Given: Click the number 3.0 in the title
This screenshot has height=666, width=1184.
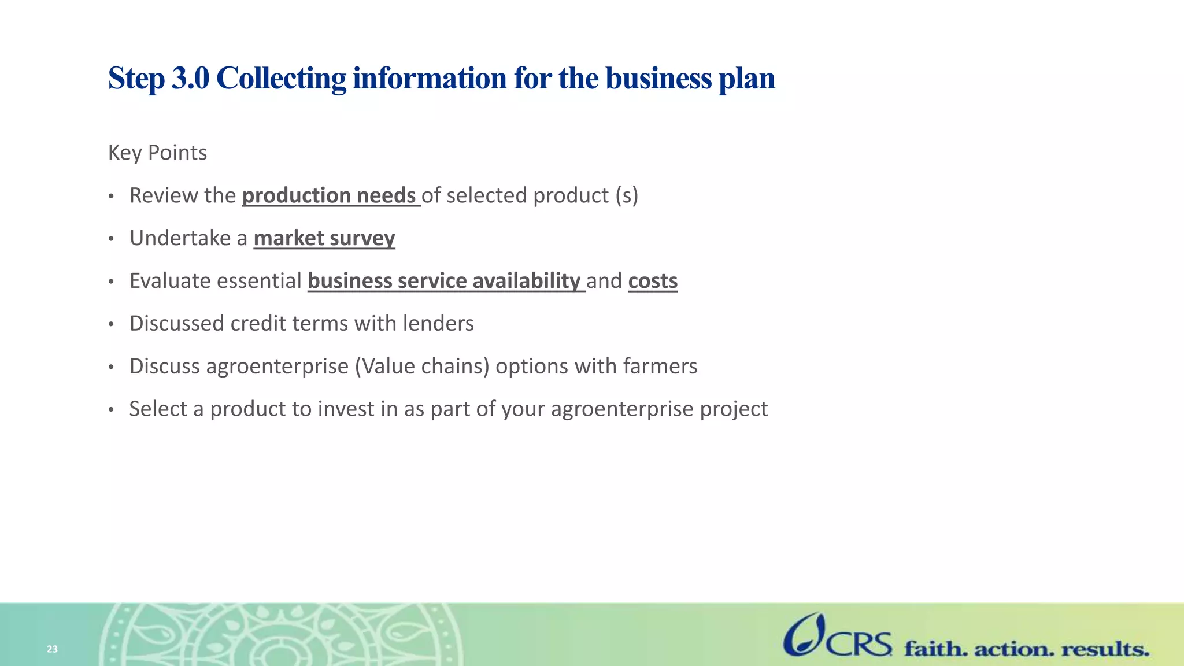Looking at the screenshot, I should pos(190,78).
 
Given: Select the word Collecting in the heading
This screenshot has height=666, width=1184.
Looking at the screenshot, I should pos(281,78).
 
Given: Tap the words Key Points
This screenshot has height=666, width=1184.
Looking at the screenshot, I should pos(157,153).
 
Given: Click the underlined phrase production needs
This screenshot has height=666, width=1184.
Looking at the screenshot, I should pos(330,195).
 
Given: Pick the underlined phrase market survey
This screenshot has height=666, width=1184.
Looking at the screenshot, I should pos(324,238).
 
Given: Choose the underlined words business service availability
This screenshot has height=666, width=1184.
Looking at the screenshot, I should pos(445,281).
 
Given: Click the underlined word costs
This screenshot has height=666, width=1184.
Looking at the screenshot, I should pos(653,281).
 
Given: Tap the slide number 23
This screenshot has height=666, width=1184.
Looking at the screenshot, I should pos(52,649).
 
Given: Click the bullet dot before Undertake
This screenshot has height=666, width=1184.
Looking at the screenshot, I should pos(112,239).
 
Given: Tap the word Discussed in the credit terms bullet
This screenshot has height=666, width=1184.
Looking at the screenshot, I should pos(177,324).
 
